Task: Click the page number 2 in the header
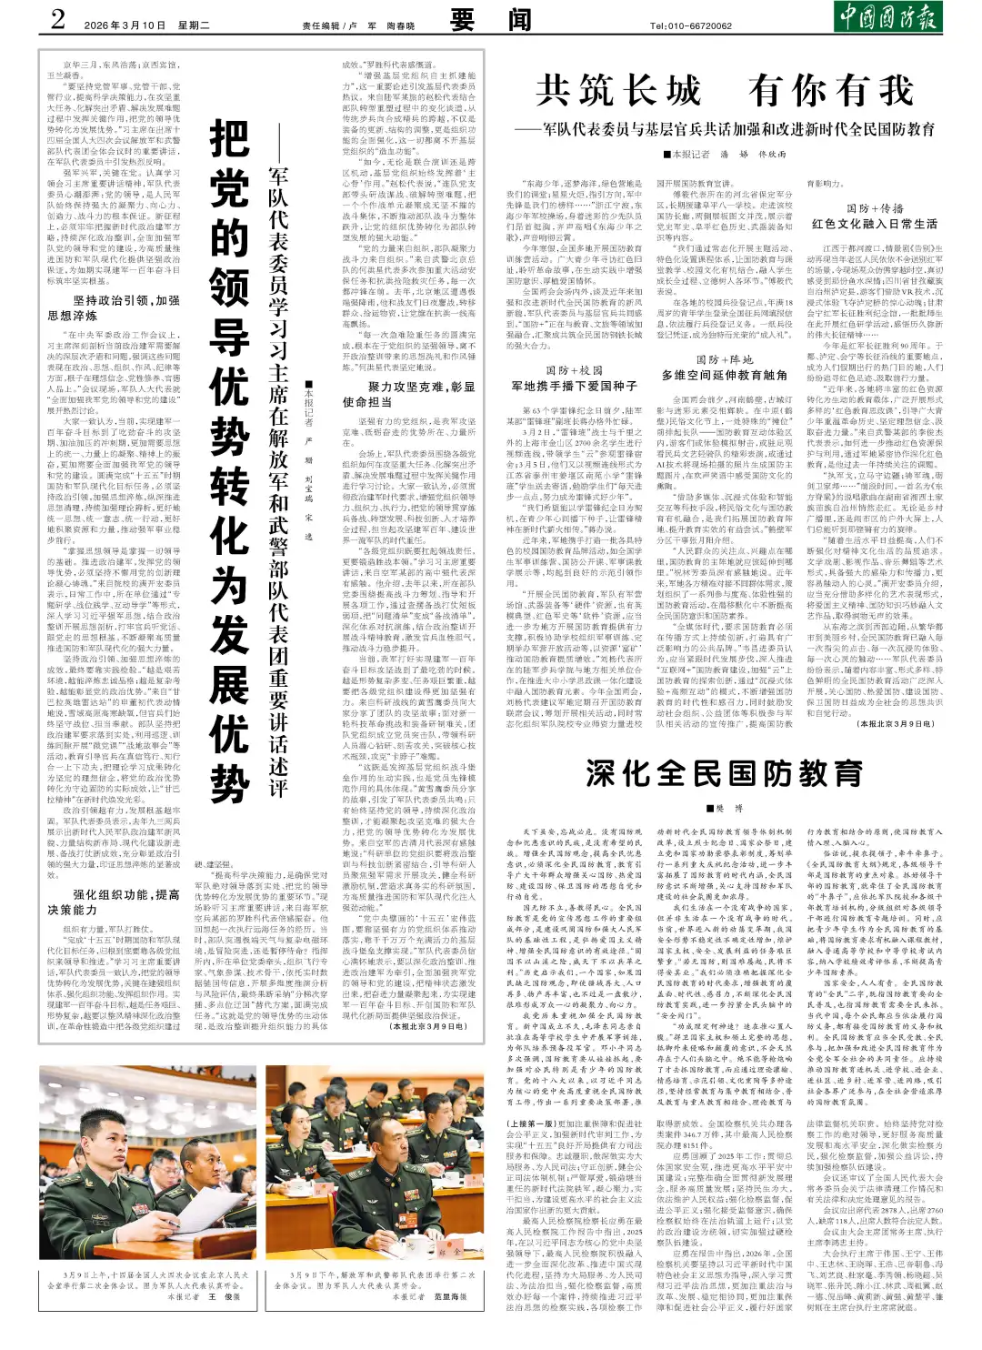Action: coord(59,19)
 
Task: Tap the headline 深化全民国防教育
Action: coord(724,773)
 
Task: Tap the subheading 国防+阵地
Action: coord(724,360)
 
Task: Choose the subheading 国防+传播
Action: coord(874,208)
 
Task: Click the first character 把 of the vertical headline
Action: coord(229,141)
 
